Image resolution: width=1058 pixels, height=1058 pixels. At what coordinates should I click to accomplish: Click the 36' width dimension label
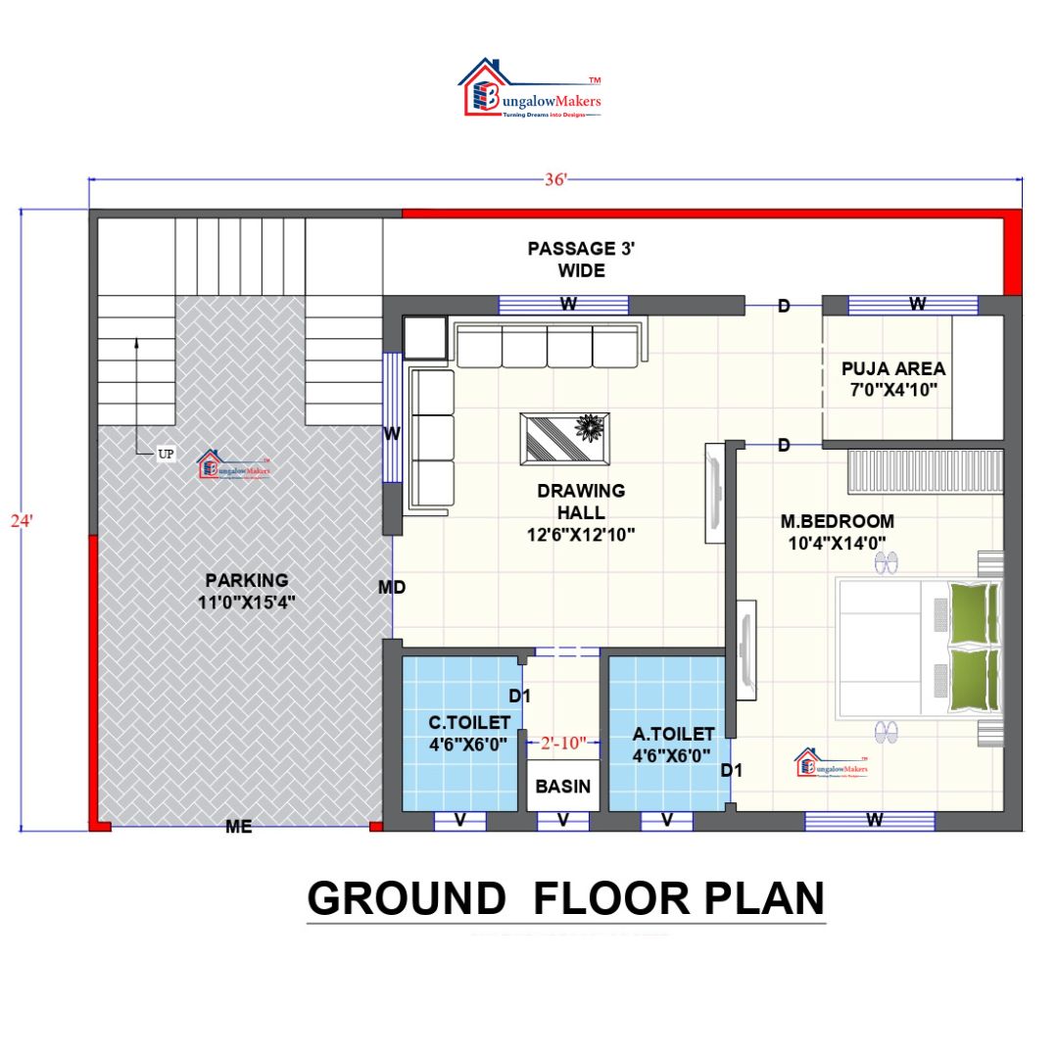(556, 180)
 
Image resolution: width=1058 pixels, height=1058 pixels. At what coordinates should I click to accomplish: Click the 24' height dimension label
(22, 521)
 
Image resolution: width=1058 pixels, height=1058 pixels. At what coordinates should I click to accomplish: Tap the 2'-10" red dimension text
(563, 744)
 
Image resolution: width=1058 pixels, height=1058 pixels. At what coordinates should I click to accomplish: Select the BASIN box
(563, 786)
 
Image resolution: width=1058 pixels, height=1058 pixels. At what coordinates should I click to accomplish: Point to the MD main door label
(393, 588)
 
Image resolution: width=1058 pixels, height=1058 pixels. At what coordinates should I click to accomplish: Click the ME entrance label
(239, 827)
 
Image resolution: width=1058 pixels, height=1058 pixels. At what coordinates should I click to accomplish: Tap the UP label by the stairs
(166, 455)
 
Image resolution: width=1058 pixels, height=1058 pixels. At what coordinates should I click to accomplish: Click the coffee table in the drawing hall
(564, 438)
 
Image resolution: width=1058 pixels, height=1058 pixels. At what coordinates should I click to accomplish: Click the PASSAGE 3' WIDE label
(581, 259)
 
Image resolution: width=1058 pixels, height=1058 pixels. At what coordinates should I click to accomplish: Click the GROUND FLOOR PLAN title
(566, 899)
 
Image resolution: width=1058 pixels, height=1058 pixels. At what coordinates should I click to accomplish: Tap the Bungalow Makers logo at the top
(530, 90)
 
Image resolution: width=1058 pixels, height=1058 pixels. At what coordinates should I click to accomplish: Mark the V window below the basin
(563, 821)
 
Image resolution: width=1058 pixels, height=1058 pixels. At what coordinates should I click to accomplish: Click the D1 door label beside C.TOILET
(519, 697)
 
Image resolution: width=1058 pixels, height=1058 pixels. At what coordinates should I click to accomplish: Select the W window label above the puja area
(917, 305)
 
